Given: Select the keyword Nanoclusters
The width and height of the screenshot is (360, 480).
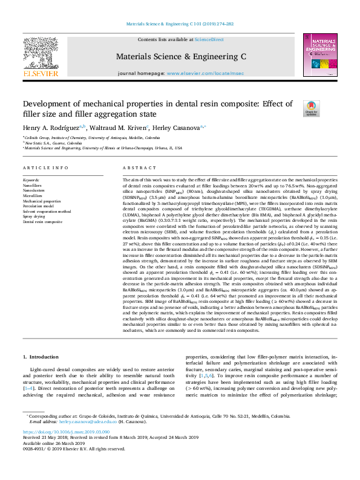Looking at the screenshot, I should coord(34,190).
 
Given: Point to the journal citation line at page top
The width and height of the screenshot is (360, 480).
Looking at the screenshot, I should coord(180,25).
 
